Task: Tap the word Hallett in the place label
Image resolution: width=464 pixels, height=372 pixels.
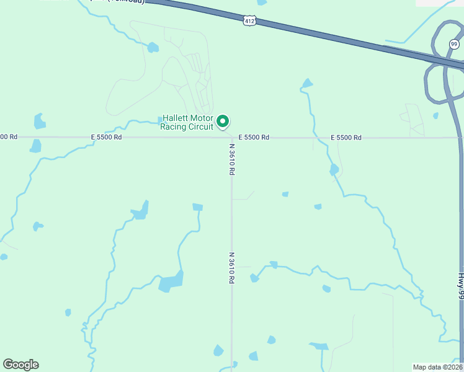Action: pyautogui.click(x=176, y=118)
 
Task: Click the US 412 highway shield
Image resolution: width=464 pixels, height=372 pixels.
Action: pyautogui.click(x=248, y=21)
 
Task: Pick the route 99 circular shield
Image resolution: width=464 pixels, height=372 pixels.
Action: pyautogui.click(x=454, y=44)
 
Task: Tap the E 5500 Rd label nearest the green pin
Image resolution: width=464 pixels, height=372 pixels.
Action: pyautogui.click(x=254, y=137)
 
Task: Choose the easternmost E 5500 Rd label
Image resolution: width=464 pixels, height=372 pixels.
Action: pyautogui.click(x=346, y=137)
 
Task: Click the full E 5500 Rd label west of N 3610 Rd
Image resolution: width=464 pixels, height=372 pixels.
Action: pyautogui.click(x=106, y=137)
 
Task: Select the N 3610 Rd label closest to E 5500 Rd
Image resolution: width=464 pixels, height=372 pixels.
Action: pyautogui.click(x=231, y=159)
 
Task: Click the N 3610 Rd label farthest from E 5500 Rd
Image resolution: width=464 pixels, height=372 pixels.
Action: pyautogui.click(x=231, y=268)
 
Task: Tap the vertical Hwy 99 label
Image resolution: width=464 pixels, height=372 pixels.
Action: pyautogui.click(x=461, y=287)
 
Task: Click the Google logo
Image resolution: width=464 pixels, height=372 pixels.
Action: pyautogui.click(x=20, y=365)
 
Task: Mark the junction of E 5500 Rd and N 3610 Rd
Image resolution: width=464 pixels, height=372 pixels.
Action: pyautogui.click(x=231, y=138)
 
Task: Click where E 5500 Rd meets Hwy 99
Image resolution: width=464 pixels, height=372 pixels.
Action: pyautogui.click(x=460, y=138)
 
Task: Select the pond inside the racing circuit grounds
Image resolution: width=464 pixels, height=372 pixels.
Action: pyautogui.click(x=153, y=47)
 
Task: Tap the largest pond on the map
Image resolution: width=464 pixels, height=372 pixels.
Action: pyautogui.click(x=171, y=281)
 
